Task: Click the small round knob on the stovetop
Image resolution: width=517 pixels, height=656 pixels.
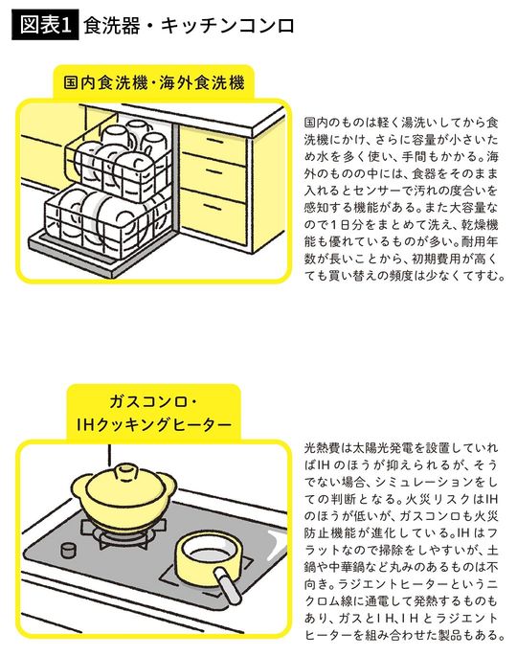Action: (68, 550)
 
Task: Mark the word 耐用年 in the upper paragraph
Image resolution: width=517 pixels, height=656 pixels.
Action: (477, 241)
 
